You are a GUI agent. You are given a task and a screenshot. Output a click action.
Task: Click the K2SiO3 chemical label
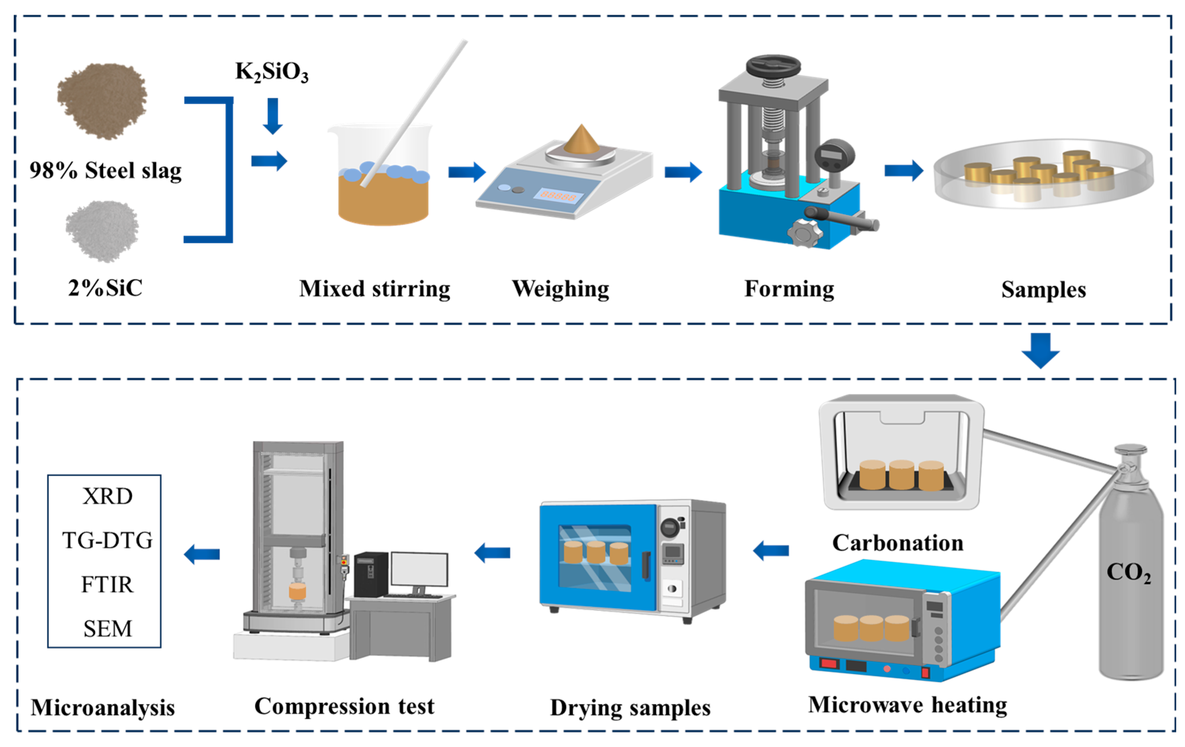tap(272, 72)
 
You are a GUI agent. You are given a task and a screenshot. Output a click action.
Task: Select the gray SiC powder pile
tap(102, 231)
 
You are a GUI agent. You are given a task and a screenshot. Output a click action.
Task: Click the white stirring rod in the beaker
tap(414, 113)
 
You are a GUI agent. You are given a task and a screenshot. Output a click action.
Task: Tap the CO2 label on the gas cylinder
tap(1129, 572)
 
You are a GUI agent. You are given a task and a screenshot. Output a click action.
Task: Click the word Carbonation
tap(897, 543)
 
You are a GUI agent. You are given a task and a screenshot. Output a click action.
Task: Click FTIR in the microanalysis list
tap(107, 585)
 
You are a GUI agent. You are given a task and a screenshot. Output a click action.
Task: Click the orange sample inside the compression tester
tap(297, 592)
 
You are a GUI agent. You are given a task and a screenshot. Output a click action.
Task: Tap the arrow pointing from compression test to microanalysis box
tap(202, 554)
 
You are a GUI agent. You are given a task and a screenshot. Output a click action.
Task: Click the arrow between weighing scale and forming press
tap(684, 171)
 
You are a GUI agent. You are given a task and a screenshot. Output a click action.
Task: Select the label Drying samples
tap(630, 708)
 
